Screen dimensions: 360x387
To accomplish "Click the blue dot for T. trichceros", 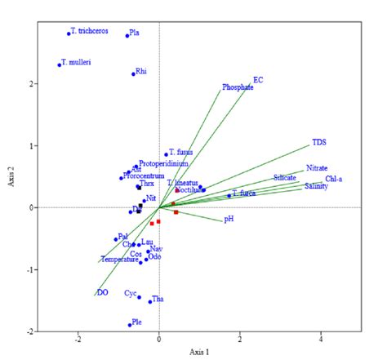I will click(69, 33).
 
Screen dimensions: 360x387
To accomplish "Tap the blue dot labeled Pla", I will click(127, 35).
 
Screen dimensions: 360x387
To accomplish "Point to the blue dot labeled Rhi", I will click(134, 74).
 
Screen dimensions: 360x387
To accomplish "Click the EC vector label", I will click(258, 79).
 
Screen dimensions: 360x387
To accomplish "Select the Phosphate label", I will click(238, 87).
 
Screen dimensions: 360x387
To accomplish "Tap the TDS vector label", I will click(318, 143).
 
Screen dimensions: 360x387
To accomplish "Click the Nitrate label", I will click(317, 168).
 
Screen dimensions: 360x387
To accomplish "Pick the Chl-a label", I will click(334, 179).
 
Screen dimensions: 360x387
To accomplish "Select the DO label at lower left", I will click(102, 291).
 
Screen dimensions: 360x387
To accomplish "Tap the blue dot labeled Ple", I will click(130, 325).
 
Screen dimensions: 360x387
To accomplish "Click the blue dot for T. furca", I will click(229, 196).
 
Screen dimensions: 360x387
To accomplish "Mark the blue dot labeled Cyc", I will click(140, 297).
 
